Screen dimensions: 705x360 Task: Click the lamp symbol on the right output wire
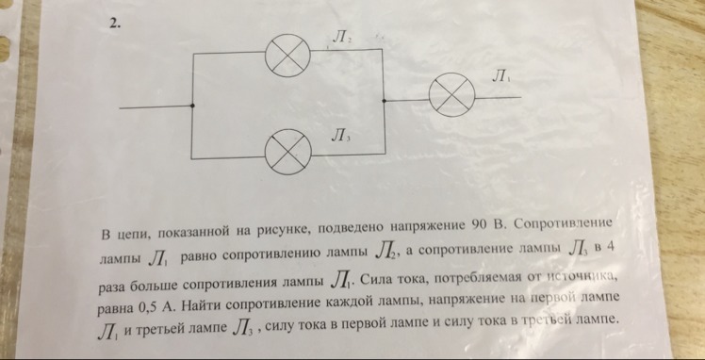pos(448,97)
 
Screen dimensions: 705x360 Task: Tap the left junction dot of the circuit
pos(193,106)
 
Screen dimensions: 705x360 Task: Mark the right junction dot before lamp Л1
pos(385,98)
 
